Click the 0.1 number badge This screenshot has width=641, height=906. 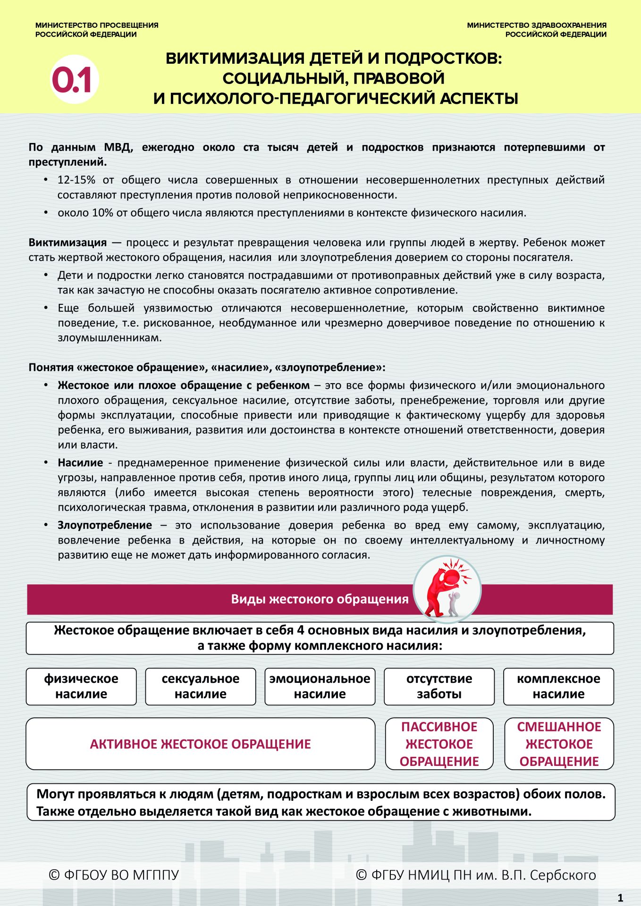coord(74,79)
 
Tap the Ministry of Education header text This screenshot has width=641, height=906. coord(97,30)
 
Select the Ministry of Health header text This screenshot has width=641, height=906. coord(537,30)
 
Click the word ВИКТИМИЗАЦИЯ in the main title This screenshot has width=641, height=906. coord(235,59)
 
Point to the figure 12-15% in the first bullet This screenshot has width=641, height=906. coord(76,180)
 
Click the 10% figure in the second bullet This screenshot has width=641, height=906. coord(102,213)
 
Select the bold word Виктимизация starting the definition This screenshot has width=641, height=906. coord(67,243)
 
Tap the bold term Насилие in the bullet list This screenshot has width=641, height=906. coord(80,462)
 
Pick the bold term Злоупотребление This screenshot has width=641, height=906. coord(105,525)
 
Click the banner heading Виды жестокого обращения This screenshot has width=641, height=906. coord(320,599)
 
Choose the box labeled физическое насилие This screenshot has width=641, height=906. coord(81,687)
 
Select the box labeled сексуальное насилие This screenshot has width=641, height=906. coord(201,687)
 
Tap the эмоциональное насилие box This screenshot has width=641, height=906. coord(320,687)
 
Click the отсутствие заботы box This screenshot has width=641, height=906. coord(439,687)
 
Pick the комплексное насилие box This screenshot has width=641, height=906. coord(558,687)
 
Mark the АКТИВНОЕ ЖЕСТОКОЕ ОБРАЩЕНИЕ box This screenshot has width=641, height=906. coord(201,744)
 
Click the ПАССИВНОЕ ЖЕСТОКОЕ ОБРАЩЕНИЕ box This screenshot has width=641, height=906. coord(439,744)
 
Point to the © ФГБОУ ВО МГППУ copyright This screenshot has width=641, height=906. coord(114,875)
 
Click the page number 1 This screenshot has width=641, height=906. coord(621,898)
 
